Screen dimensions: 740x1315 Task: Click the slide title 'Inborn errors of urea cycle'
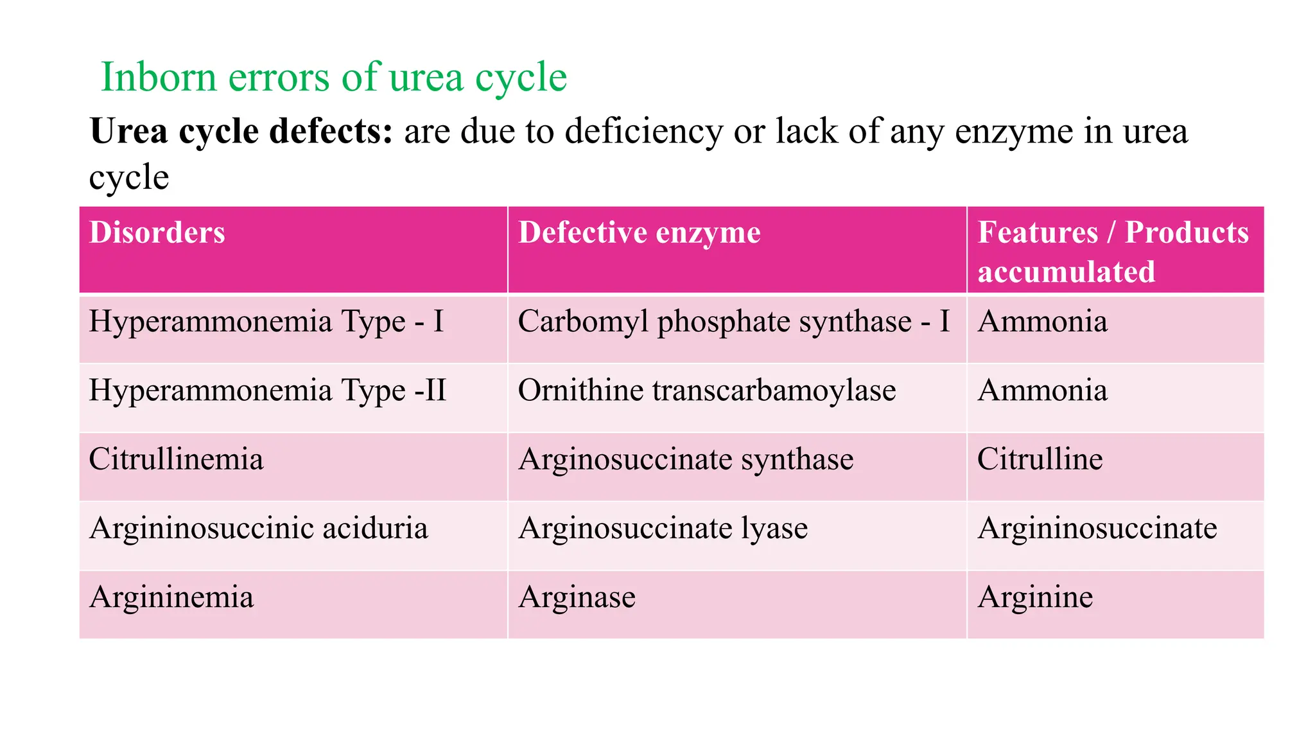pyautogui.click(x=334, y=77)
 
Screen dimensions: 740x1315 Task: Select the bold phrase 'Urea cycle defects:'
pyautogui.click(x=241, y=131)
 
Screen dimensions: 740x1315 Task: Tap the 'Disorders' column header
pyautogui.click(x=157, y=233)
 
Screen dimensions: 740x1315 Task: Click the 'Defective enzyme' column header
pyautogui.click(x=639, y=233)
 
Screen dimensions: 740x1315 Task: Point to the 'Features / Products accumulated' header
pyautogui.click(x=1113, y=251)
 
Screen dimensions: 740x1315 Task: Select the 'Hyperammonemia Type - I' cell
pyautogui.click(x=266, y=321)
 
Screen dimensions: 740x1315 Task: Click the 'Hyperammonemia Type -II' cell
pyautogui.click(x=268, y=391)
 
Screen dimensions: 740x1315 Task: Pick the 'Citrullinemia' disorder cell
pyautogui.click(x=177, y=459)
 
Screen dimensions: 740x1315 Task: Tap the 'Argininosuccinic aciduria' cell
pyautogui.click(x=259, y=529)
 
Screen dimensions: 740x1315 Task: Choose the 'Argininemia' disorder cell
pyautogui.click(x=171, y=597)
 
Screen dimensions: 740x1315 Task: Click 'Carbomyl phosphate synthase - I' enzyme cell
pyautogui.click(x=733, y=321)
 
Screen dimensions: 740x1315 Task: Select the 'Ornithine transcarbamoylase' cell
pyautogui.click(x=707, y=391)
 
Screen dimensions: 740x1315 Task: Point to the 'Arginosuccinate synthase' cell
pyautogui.click(x=686, y=459)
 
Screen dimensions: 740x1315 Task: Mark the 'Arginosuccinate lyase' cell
pyautogui.click(x=663, y=529)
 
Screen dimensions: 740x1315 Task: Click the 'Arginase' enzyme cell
pyautogui.click(x=577, y=597)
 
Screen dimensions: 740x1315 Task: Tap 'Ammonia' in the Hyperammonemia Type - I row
pyautogui.click(x=1043, y=321)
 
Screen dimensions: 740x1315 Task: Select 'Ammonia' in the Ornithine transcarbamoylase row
pyautogui.click(x=1043, y=391)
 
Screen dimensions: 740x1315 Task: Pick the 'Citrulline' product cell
pyautogui.click(x=1040, y=459)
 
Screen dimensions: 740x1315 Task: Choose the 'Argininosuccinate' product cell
pyautogui.click(x=1097, y=529)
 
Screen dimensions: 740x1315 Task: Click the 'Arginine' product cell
pyautogui.click(x=1035, y=597)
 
